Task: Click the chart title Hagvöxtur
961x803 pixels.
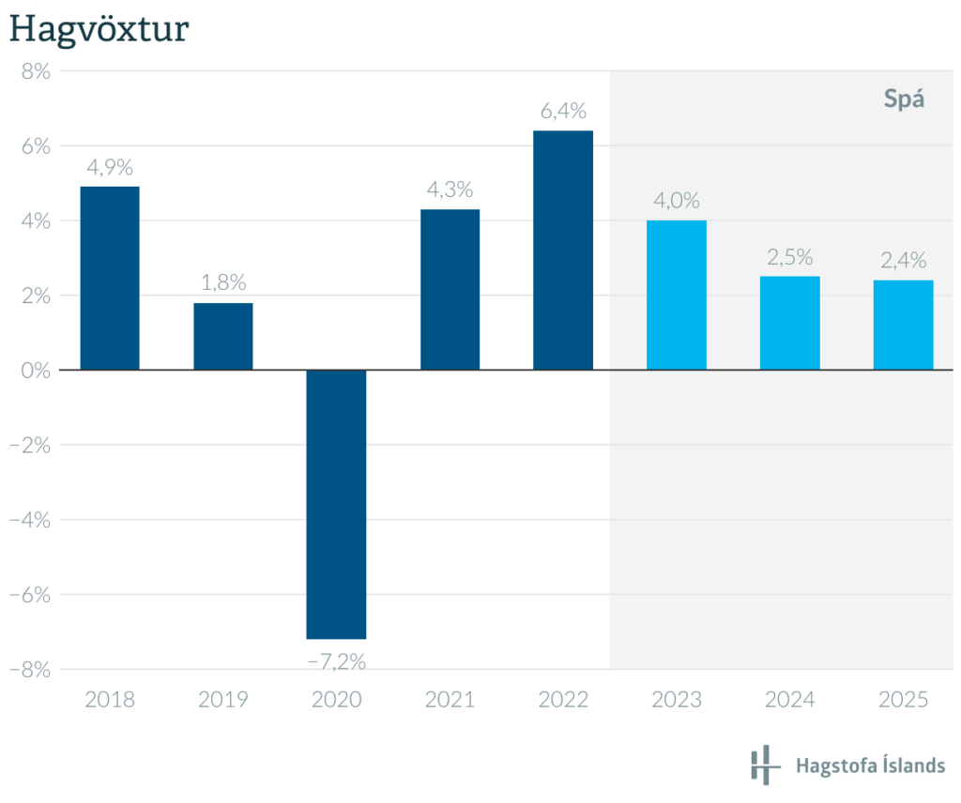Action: click(x=99, y=29)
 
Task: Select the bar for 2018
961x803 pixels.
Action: click(x=110, y=278)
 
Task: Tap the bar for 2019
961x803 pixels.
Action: click(x=223, y=336)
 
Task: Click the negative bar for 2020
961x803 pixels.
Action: click(x=337, y=504)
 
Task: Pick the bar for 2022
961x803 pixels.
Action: click(x=563, y=250)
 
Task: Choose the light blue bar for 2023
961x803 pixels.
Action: click(x=677, y=295)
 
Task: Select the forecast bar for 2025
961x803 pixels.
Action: click(x=903, y=325)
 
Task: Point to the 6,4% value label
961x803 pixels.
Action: click(x=563, y=112)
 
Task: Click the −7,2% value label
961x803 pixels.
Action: click(x=337, y=661)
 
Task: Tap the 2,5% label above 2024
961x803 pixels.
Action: click(x=789, y=257)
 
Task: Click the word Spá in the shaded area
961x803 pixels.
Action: click(x=905, y=99)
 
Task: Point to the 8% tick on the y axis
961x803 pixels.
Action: click(x=36, y=71)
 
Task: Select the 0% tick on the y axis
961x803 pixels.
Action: click(x=36, y=370)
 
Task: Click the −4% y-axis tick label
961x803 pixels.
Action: click(x=30, y=520)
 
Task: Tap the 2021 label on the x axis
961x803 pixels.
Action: click(x=450, y=700)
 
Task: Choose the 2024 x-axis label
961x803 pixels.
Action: click(x=789, y=700)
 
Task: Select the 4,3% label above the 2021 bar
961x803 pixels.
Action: click(x=450, y=189)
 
